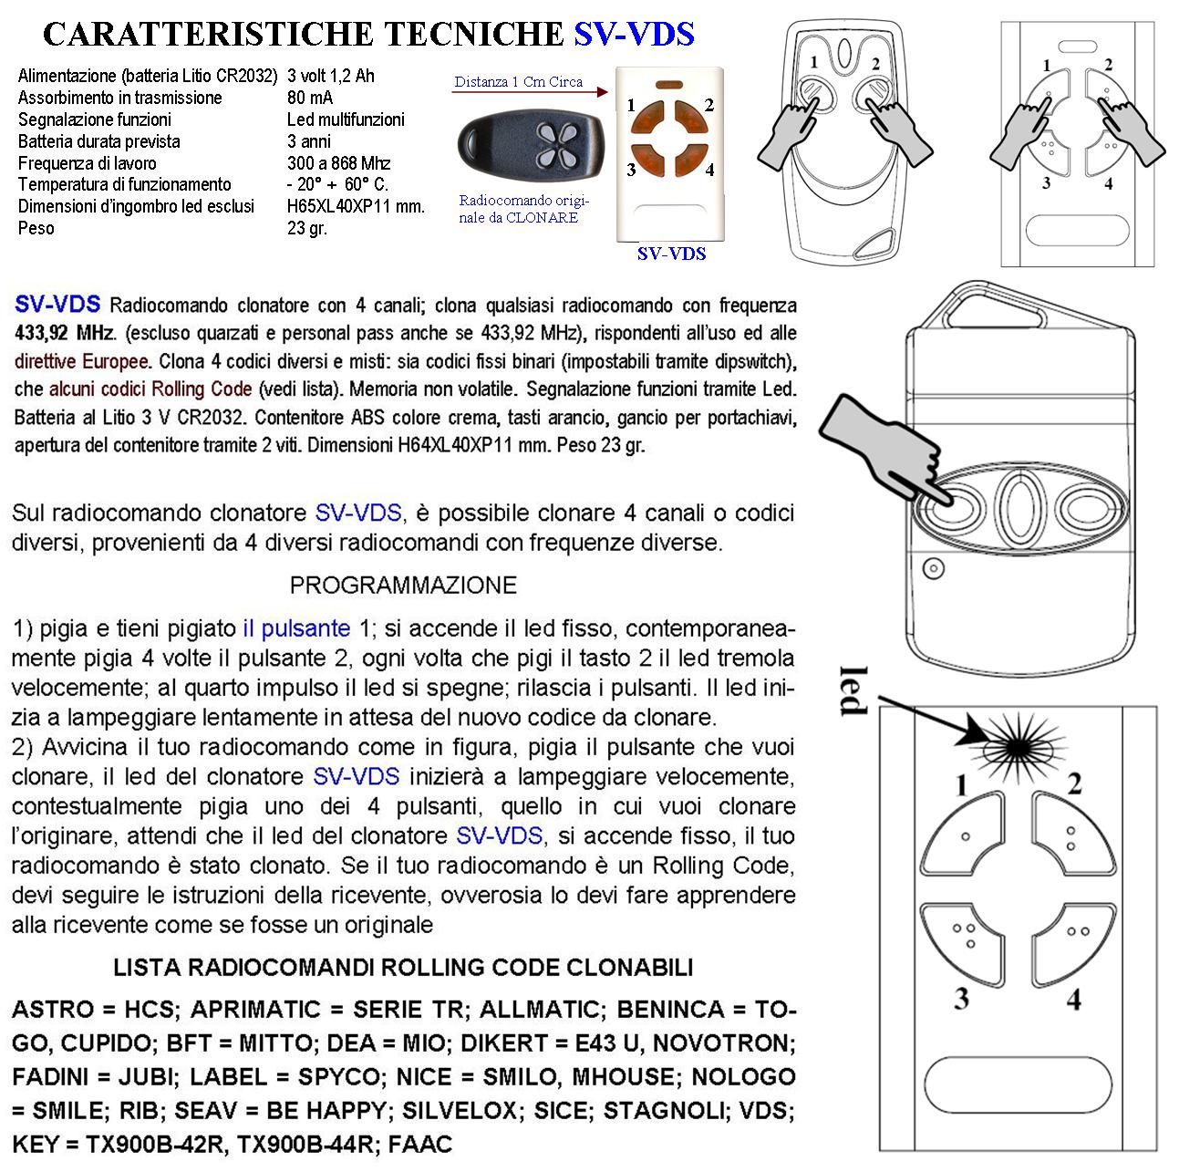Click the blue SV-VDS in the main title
tap(634, 34)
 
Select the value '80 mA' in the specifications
tap(310, 98)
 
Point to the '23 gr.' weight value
tap(306, 228)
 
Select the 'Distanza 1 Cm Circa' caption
tap(518, 82)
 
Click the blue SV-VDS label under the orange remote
tap(671, 254)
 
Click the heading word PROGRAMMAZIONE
tap(403, 585)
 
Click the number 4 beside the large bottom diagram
tap(1074, 1000)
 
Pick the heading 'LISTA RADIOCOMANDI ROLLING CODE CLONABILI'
tap(403, 968)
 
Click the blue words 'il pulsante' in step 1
tap(296, 628)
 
